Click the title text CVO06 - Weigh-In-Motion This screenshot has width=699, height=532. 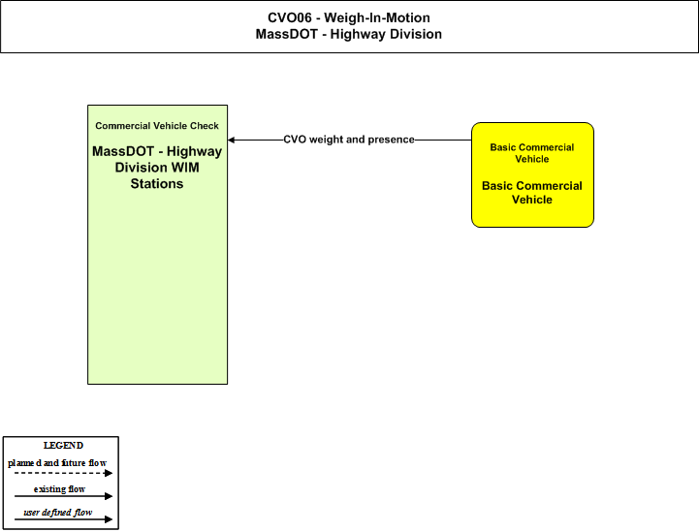tap(349, 17)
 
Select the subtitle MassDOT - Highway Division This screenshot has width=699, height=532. tap(349, 34)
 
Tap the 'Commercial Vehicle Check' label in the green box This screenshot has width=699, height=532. tap(157, 126)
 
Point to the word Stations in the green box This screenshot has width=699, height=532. tap(157, 183)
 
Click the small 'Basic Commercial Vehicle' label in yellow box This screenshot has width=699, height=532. tap(532, 153)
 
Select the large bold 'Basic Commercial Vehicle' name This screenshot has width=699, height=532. tap(532, 193)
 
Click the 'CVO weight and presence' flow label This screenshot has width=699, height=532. tap(349, 140)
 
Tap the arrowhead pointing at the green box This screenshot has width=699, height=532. tap(232, 140)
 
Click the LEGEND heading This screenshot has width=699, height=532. tap(63, 446)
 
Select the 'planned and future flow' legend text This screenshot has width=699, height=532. tap(57, 463)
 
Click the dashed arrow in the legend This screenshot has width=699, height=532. tap(63, 473)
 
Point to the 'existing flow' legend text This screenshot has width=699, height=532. tap(59, 489)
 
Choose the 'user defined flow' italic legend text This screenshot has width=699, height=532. tap(57, 513)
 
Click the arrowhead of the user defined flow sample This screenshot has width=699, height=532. tap(109, 519)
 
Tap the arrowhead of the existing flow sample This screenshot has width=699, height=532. tap(109, 496)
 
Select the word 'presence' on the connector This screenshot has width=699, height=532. tap(392, 140)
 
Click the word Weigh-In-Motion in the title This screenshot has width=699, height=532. tap(377, 17)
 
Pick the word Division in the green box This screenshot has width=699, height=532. tap(143, 168)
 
